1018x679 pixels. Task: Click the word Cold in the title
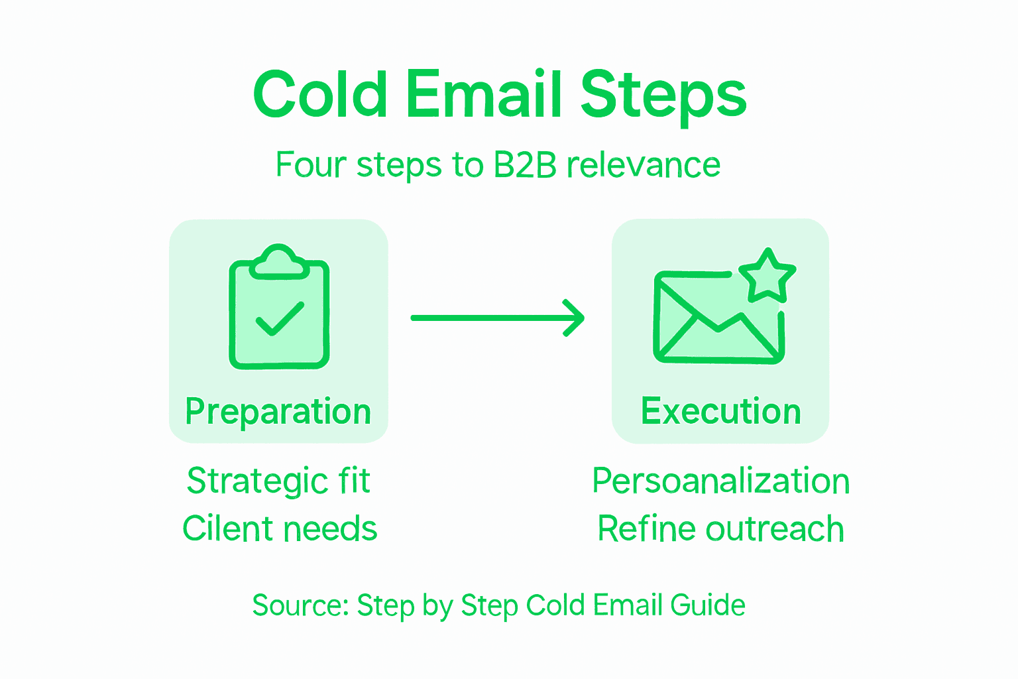tap(320, 95)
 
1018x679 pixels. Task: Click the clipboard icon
tap(279, 312)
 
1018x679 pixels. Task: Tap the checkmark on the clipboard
tap(280, 319)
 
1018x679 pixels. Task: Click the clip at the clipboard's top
tap(279, 261)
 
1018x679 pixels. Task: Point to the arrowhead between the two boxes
tap(574, 318)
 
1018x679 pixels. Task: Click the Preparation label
tap(278, 412)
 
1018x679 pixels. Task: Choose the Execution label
tap(720, 412)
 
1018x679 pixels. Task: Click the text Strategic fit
tap(278, 481)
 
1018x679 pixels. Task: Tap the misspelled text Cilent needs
tap(280, 529)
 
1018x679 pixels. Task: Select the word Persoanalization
tap(720, 481)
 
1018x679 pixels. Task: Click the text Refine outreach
tap(720, 529)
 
